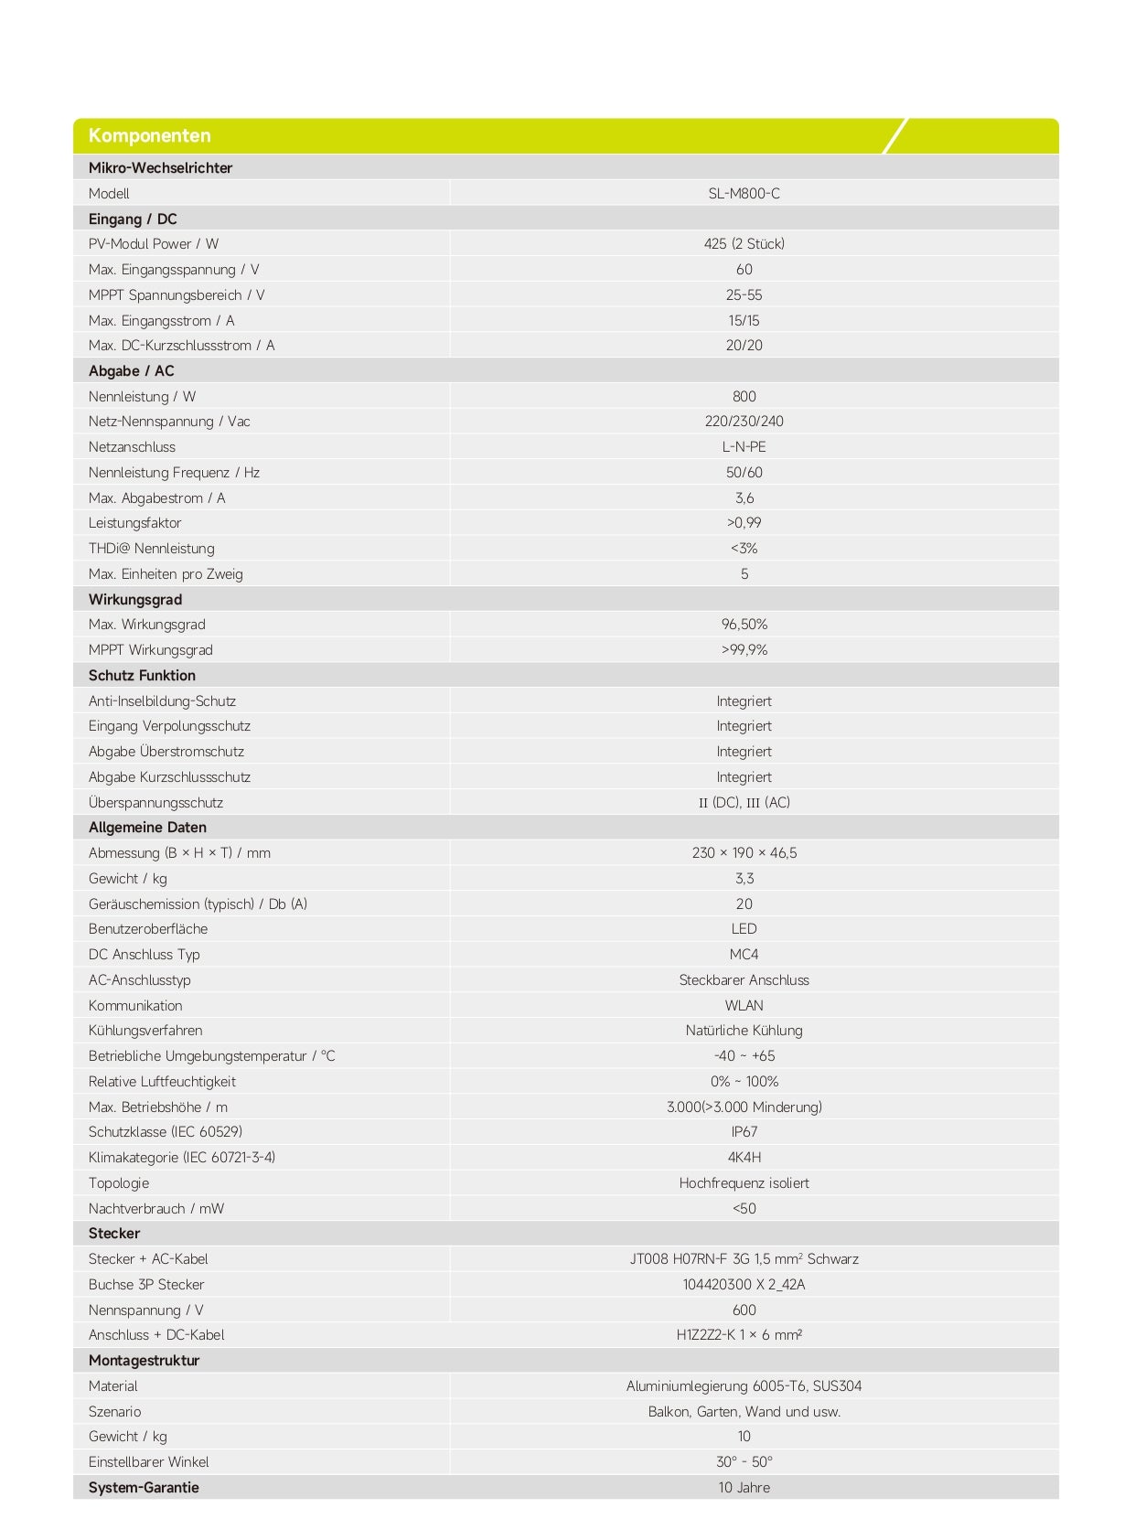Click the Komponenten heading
click(x=149, y=136)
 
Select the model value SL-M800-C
click(x=744, y=194)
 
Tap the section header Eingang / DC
click(x=133, y=219)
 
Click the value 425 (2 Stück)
click(x=744, y=244)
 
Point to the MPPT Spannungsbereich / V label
click(x=177, y=295)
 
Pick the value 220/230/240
click(x=744, y=422)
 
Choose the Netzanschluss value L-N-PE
click(x=744, y=447)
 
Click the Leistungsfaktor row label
click(x=134, y=523)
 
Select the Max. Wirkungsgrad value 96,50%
click(x=744, y=625)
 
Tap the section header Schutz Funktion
click(x=142, y=676)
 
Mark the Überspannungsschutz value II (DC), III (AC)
click(x=744, y=803)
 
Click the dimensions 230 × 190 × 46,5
click(x=744, y=853)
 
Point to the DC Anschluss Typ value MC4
click(x=744, y=955)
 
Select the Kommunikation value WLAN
click(x=744, y=1006)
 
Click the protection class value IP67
click(x=744, y=1132)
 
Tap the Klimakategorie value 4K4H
click(x=744, y=1158)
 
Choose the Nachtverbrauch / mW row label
click(x=156, y=1209)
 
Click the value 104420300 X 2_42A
click(x=744, y=1285)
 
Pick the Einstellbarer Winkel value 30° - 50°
click(x=744, y=1462)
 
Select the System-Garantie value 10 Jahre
click(x=744, y=1488)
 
